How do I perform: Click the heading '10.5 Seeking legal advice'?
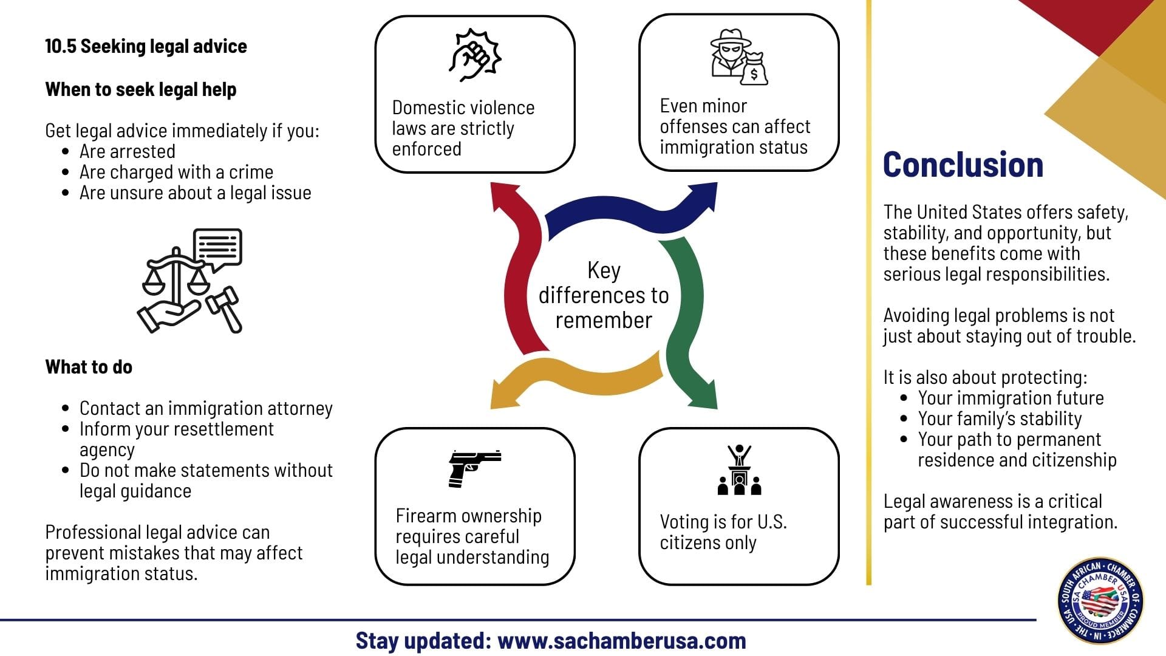click(146, 46)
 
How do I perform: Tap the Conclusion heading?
click(963, 165)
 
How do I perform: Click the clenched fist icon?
click(475, 55)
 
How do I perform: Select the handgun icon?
click(474, 468)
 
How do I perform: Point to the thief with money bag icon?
click(738, 57)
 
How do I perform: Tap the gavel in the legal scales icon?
click(225, 309)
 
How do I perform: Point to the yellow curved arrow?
click(577, 380)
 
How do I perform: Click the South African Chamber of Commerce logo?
click(1100, 600)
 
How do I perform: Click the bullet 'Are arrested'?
click(128, 151)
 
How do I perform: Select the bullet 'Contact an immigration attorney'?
click(206, 408)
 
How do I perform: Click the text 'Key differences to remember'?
click(604, 295)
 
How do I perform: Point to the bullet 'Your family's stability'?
click(1000, 419)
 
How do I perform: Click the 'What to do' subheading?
click(89, 367)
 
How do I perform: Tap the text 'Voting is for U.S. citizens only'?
click(723, 532)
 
